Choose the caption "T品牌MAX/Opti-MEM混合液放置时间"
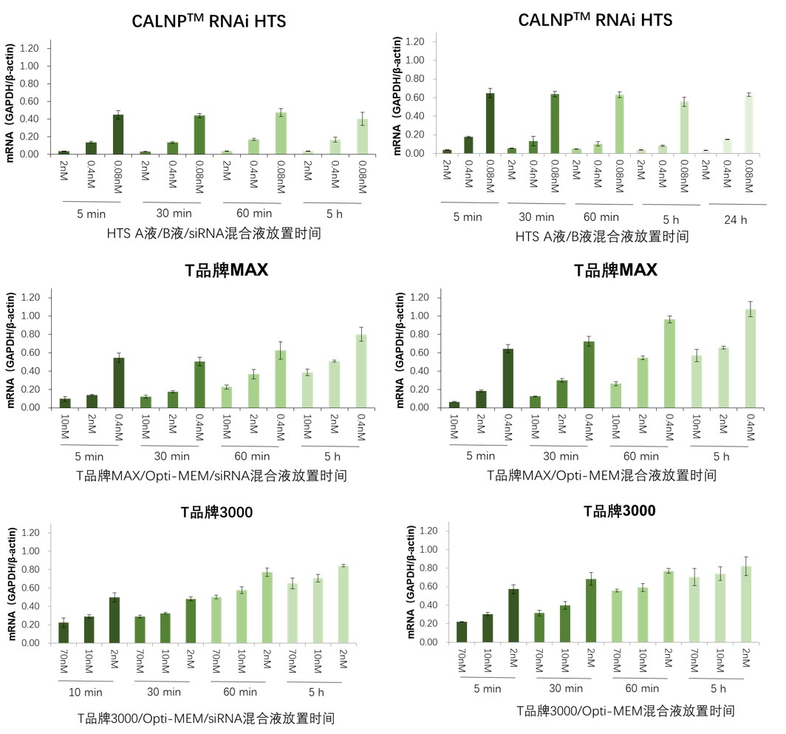coord(601,475)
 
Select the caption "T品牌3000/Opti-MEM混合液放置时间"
coord(626,711)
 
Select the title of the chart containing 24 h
coord(595,20)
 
